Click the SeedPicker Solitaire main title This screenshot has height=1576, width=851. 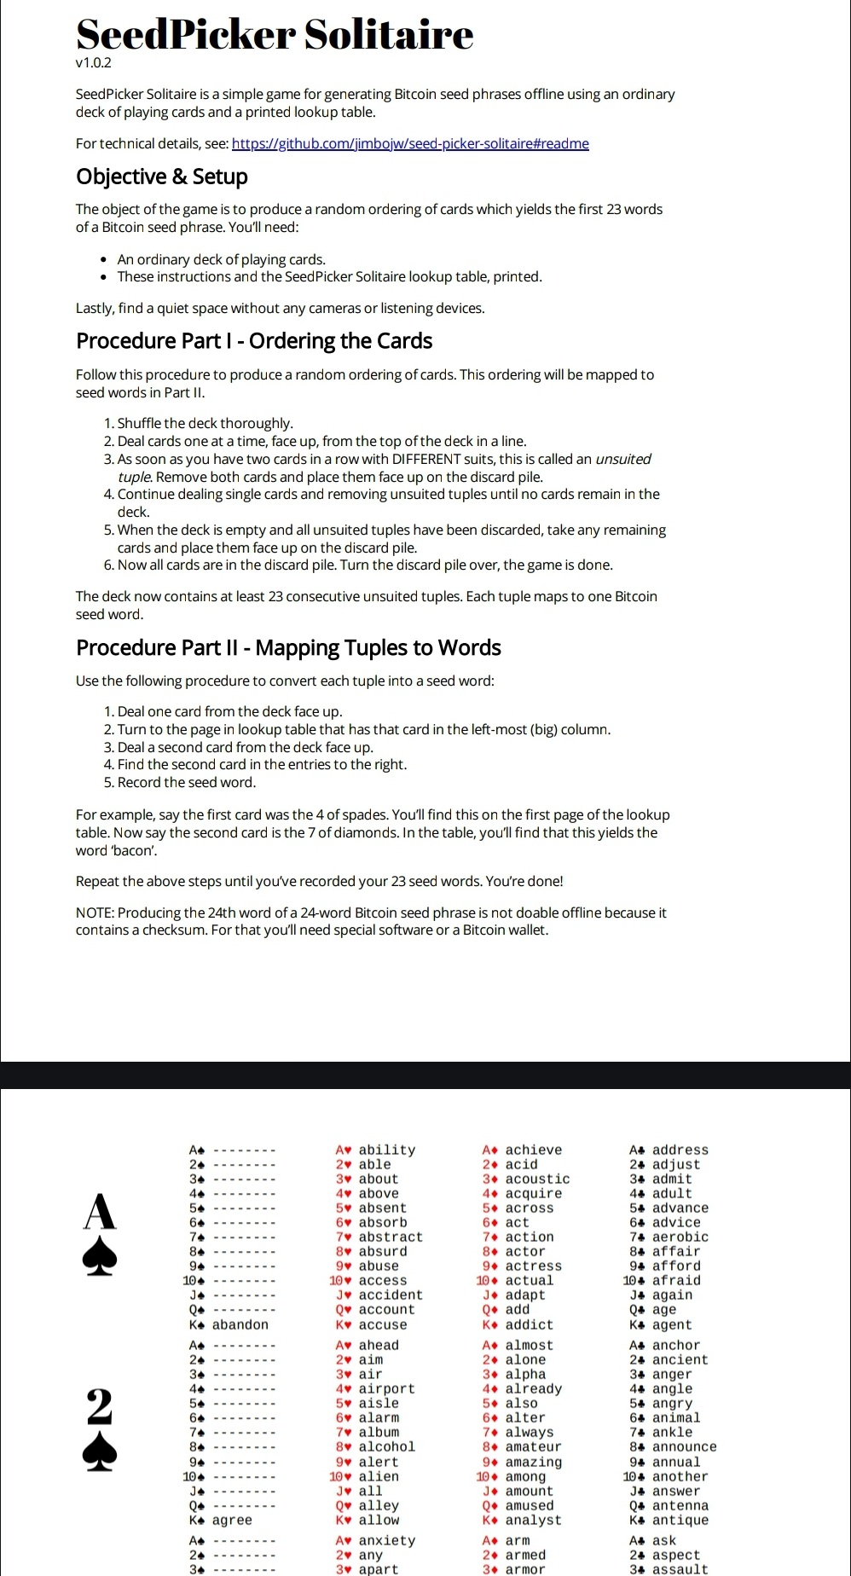tap(275, 35)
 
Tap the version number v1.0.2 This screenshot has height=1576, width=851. tap(94, 62)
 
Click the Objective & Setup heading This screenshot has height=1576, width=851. tap(162, 177)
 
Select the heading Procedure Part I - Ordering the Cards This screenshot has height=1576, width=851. tap(254, 341)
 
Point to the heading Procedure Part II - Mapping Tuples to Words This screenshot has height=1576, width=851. tap(288, 648)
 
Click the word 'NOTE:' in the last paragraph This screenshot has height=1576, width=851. tap(96, 913)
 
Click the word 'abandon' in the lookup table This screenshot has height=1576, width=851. tap(240, 1324)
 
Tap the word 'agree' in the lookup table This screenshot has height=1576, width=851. tap(232, 1520)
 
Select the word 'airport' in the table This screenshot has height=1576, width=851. tap(386, 1388)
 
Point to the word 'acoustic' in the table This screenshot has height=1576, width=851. tap(537, 1179)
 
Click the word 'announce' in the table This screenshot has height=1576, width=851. tap(684, 1446)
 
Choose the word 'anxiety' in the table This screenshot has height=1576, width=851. tap(386, 1540)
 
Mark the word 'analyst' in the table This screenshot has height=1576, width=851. tap(533, 1520)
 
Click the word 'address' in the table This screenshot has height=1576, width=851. tap(680, 1150)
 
